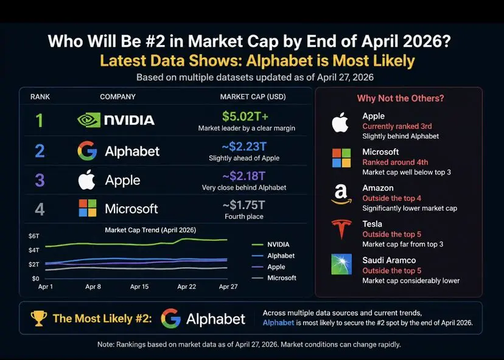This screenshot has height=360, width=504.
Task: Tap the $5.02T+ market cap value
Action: click(x=245, y=116)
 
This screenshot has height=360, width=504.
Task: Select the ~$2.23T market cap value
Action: click(x=245, y=146)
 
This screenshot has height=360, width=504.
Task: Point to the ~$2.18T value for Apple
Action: click(x=244, y=176)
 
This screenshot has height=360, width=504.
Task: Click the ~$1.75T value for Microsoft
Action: click(x=244, y=204)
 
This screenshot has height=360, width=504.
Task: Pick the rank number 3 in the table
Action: click(x=40, y=180)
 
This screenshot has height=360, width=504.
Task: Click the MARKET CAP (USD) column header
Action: click(x=253, y=97)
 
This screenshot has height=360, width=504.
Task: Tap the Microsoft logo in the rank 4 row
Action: click(x=88, y=209)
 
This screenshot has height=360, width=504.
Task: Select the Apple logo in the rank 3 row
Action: click(x=88, y=179)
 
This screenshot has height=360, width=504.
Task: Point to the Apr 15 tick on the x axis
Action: click(x=139, y=286)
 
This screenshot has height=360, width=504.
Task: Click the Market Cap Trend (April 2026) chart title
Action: click(x=150, y=230)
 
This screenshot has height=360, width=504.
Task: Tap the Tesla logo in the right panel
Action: click(x=341, y=229)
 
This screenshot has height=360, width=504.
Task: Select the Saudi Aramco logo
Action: click(x=341, y=265)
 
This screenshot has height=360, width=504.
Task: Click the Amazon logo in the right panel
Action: click(x=341, y=194)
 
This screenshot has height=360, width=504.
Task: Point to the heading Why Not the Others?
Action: click(x=400, y=99)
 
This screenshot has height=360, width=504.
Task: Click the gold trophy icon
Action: click(x=39, y=318)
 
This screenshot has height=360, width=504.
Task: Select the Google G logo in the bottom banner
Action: click(x=171, y=318)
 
